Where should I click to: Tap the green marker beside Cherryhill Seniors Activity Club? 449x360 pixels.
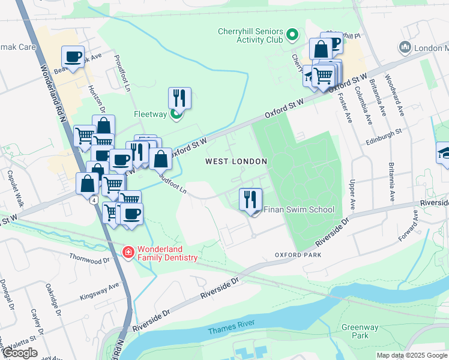292,35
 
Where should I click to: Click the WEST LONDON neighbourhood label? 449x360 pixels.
236,161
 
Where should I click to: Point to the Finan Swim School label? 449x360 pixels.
298,210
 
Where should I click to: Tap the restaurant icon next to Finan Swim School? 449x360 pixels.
250,199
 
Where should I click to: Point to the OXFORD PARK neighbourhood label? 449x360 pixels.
298,255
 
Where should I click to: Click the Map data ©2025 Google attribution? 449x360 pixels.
412,355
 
